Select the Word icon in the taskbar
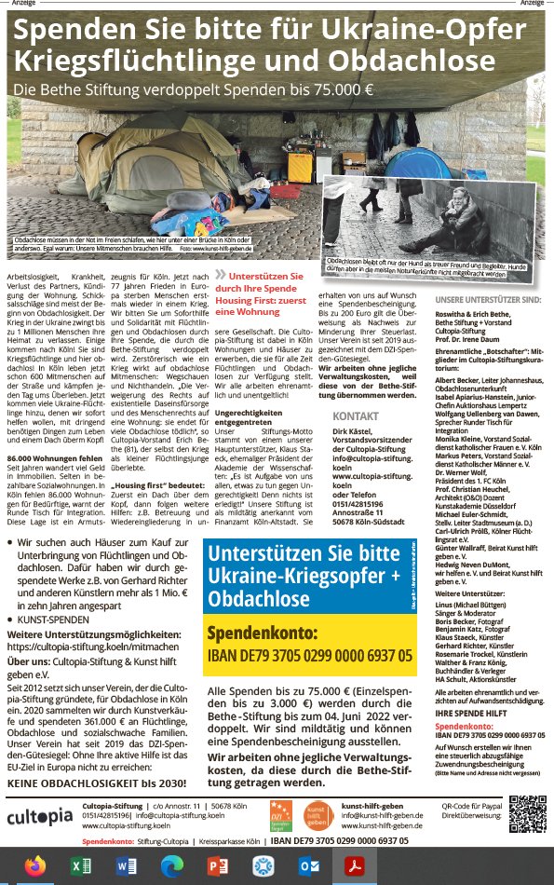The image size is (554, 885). click(125, 865)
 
